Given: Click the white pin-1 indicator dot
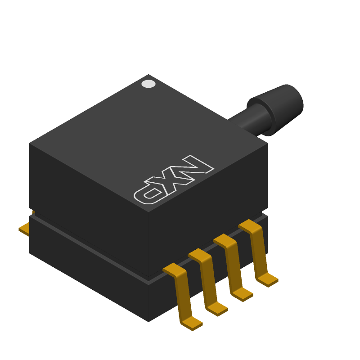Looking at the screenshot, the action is (148, 84).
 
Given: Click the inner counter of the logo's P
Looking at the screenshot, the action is (152, 193).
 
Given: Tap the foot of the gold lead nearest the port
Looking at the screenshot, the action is (267, 280).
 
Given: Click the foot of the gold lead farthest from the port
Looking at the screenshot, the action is (192, 324).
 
